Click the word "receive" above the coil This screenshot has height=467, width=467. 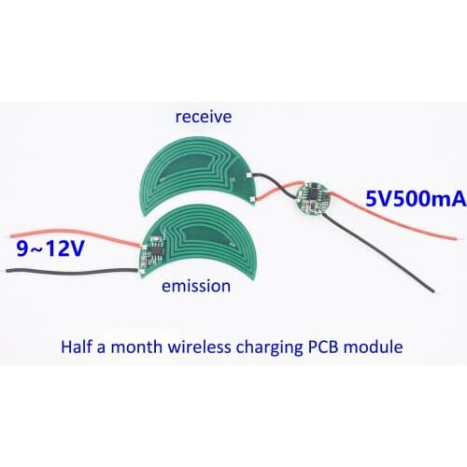(203, 117)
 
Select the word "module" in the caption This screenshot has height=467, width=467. (376, 347)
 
